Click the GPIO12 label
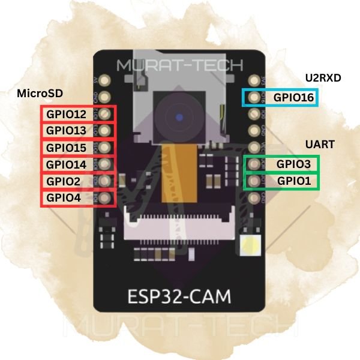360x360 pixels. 66,114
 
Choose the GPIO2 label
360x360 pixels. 63,181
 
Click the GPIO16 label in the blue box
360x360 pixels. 293,98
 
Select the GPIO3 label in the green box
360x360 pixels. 293,164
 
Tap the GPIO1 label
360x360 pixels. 293,181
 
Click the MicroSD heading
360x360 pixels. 40,94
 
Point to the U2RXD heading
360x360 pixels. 322,77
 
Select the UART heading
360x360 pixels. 320,145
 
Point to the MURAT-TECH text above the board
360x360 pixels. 180,65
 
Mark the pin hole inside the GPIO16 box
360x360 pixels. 253,97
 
